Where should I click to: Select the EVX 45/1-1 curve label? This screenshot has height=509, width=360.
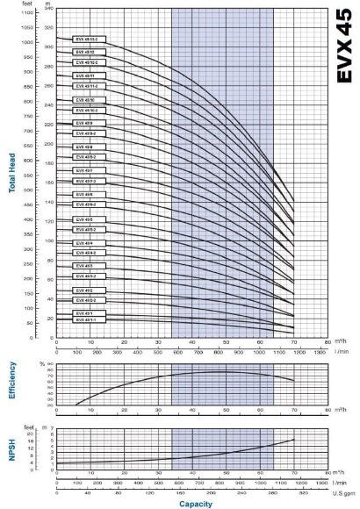coord(85,319)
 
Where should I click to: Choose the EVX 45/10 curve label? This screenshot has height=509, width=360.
coord(85,99)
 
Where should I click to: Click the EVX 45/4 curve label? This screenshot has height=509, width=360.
coord(85,241)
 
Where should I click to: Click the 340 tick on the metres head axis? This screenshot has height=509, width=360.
coord(49,8)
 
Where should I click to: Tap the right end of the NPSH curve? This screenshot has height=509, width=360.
coord(294,440)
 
